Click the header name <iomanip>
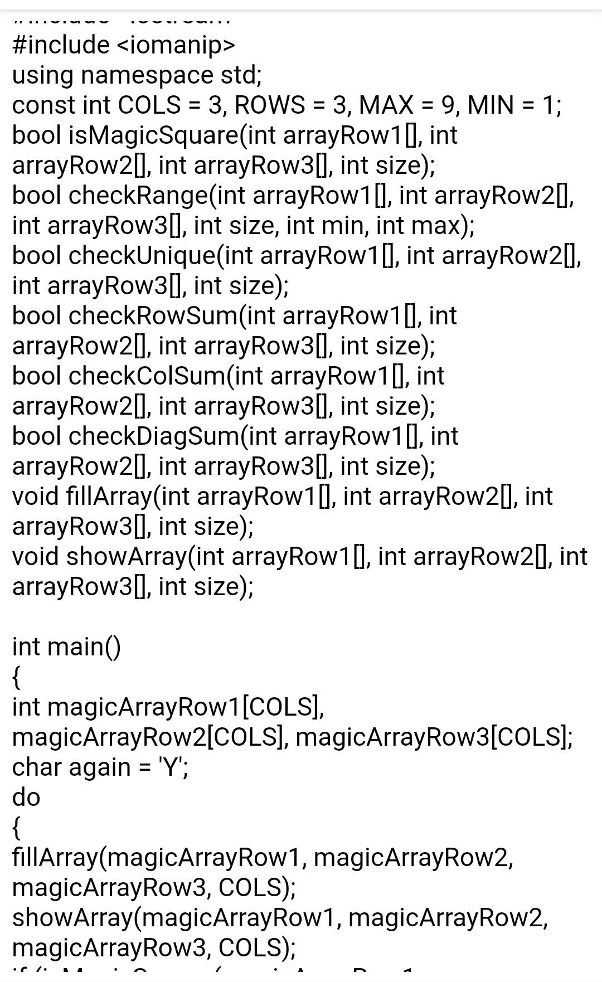176,45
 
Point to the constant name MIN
491,105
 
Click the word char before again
36,767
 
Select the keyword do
26,798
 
